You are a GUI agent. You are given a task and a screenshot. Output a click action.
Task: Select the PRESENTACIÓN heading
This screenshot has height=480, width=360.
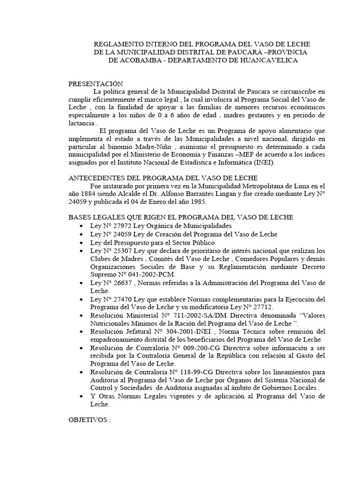[96, 84]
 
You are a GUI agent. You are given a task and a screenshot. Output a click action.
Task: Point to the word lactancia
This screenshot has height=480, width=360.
[82, 123]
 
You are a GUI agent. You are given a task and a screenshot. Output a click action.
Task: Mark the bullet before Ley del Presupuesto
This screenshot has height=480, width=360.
[82, 242]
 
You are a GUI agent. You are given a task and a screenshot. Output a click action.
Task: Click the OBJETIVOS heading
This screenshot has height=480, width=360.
[89, 420]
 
